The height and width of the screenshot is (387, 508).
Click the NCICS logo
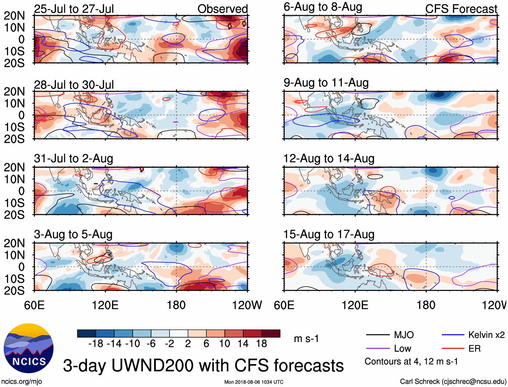[x=29, y=348]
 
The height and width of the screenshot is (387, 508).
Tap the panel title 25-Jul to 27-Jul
[x=74, y=9]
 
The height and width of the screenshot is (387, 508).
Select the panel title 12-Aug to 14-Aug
[x=329, y=158]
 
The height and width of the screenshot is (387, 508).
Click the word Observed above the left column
[x=222, y=9]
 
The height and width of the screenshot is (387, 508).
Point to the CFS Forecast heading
[x=461, y=9]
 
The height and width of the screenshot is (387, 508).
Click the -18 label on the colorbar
[x=96, y=344]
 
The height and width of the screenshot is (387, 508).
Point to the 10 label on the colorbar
[x=224, y=344]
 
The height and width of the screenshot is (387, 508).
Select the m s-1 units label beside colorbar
[x=306, y=338]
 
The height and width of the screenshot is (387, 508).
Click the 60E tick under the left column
[x=34, y=305]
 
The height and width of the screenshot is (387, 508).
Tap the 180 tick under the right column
[x=426, y=305]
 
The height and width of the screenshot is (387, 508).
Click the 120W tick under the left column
[x=247, y=305]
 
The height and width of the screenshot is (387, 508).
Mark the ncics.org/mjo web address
[x=22, y=382]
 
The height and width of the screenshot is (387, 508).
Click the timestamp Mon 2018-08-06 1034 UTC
[x=254, y=382]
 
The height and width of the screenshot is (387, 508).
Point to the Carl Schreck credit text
[x=453, y=382]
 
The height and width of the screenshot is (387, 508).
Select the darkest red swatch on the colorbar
[x=271, y=333]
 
